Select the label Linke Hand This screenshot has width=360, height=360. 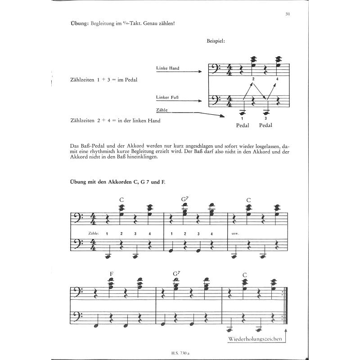click(168, 68)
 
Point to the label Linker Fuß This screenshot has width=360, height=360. click(167, 97)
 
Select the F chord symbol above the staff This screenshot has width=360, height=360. click(111, 273)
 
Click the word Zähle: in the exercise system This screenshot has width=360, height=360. click(94, 233)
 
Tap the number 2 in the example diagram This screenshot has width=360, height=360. click(253, 79)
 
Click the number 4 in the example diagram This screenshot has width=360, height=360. click(278, 79)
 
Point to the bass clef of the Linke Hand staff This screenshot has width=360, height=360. click(216, 69)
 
